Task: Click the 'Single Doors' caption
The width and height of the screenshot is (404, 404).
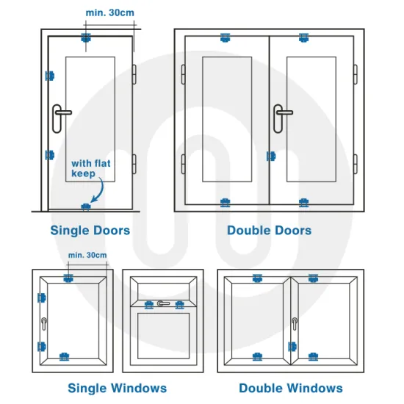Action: pos(90,231)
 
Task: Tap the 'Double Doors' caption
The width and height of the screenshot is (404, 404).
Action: pos(269,231)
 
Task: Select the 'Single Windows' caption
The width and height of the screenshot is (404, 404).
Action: pos(117,388)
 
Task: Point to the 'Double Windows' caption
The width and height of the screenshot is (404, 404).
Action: pos(290,388)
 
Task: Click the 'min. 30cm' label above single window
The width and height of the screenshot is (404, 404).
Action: pos(87,255)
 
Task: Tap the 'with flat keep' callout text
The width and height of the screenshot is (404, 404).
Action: pos(90,168)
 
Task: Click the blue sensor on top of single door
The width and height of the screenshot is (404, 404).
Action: pos(87,37)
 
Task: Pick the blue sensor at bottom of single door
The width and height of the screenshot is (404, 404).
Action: pos(87,206)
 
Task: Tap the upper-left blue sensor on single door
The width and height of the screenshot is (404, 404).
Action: pos(50,75)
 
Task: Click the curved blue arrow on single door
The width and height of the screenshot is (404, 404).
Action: pos(98,192)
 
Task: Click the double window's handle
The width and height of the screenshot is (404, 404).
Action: pos(295,323)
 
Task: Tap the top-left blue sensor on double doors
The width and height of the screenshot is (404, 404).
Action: pos(226,37)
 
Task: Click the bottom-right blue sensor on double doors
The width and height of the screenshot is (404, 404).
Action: pos(304,201)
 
